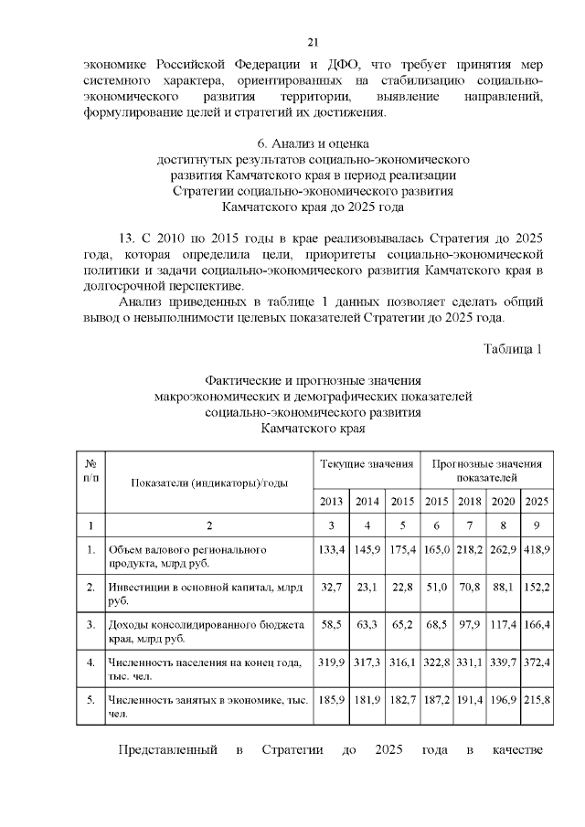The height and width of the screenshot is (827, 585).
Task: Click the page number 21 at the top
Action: click(313, 42)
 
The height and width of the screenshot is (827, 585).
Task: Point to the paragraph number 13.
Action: click(128, 239)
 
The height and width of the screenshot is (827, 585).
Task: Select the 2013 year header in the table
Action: click(331, 501)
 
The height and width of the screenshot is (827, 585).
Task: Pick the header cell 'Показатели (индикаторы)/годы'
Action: click(209, 482)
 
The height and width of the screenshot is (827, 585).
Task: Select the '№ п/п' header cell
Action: click(90, 472)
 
